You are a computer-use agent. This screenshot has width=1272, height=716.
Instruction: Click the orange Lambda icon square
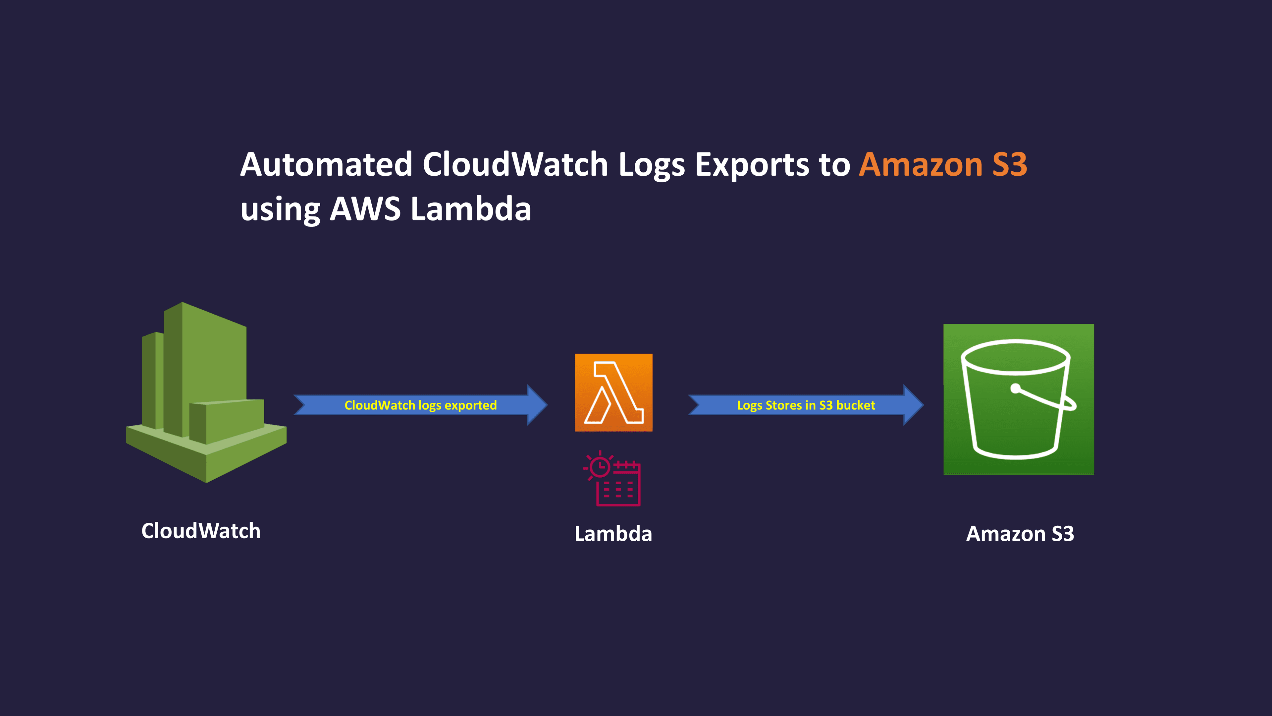(613, 392)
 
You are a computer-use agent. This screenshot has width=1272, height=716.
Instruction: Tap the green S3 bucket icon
(1018, 399)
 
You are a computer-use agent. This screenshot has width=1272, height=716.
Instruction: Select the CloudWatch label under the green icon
(200, 531)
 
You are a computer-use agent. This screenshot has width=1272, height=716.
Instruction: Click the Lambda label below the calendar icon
(613, 534)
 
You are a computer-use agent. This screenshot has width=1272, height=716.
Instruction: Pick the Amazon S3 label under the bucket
(1020, 534)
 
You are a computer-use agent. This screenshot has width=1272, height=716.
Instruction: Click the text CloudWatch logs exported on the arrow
(420, 405)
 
